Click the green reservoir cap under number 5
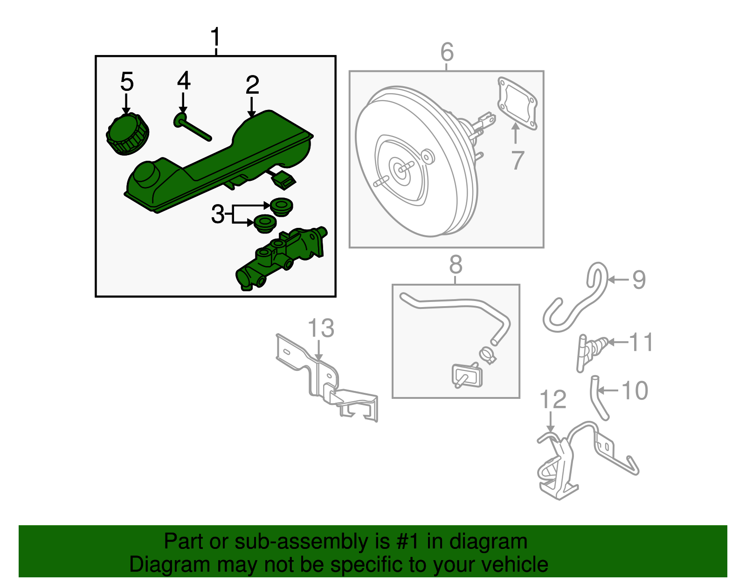click(x=127, y=134)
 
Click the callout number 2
click(x=252, y=85)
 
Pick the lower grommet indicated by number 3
click(x=265, y=224)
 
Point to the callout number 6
click(x=447, y=52)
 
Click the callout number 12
click(x=553, y=400)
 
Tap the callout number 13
click(x=321, y=328)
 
